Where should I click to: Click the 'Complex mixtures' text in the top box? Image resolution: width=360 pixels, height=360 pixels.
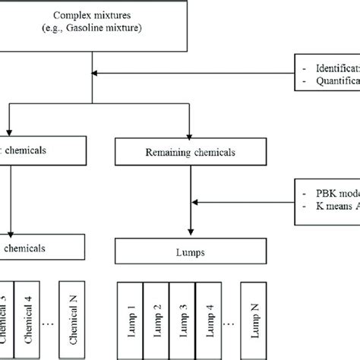coord(91,14)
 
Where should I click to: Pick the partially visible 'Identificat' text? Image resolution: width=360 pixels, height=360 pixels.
coord(334,66)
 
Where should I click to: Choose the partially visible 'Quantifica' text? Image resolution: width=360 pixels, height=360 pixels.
coord(334,84)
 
